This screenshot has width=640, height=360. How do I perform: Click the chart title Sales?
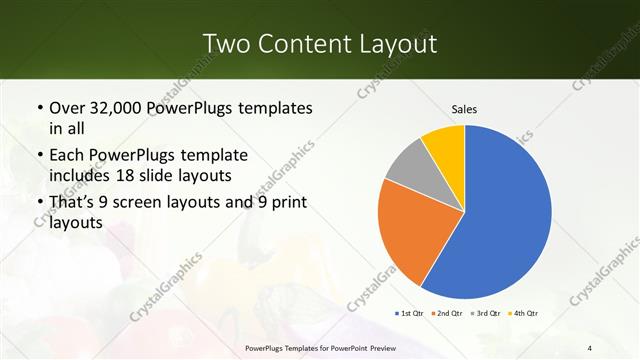coord(464,108)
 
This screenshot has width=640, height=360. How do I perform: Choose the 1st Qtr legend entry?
coord(411,313)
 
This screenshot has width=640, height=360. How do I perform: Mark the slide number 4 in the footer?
coord(590,348)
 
